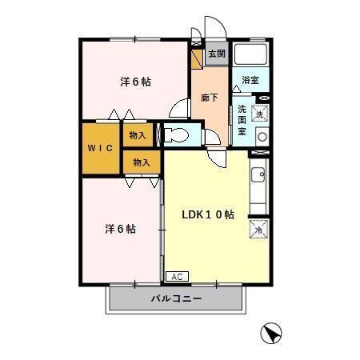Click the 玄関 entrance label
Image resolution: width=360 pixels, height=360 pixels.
pyautogui.click(x=215, y=55)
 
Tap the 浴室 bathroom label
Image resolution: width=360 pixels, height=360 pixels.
pyautogui.click(x=250, y=80)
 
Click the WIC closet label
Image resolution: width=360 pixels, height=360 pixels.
pyautogui.click(x=99, y=148)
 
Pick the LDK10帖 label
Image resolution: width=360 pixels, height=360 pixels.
pyautogui.click(x=207, y=214)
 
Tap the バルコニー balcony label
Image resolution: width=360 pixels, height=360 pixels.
pyautogui.click(x=175, y=299)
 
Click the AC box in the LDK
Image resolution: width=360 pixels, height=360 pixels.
pyautogui.click(x=177, y=276)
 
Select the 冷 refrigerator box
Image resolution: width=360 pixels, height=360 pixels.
pyautogui.click(x=259, y=229)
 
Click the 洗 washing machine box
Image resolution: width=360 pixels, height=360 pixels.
pyautogui.click(x=259, y=114)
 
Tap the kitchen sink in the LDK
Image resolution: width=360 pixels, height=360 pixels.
pyautogui.click(x=259, y=174)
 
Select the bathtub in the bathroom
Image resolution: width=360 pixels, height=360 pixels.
pyautogui.click(x=251, y=56)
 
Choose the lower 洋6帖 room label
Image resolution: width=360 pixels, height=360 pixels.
pyautogui.click(x=120, y=229)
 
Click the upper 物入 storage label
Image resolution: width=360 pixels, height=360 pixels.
pyautogui.click(x=138, y=135)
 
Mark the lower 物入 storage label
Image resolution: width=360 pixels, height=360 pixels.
pyautogui.click(x=142, y=162)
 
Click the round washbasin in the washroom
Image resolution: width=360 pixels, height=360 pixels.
pyautogui.click(x=262, y=137)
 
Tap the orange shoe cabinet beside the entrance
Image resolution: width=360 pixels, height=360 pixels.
pyautogui.click(x=197, y=59)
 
